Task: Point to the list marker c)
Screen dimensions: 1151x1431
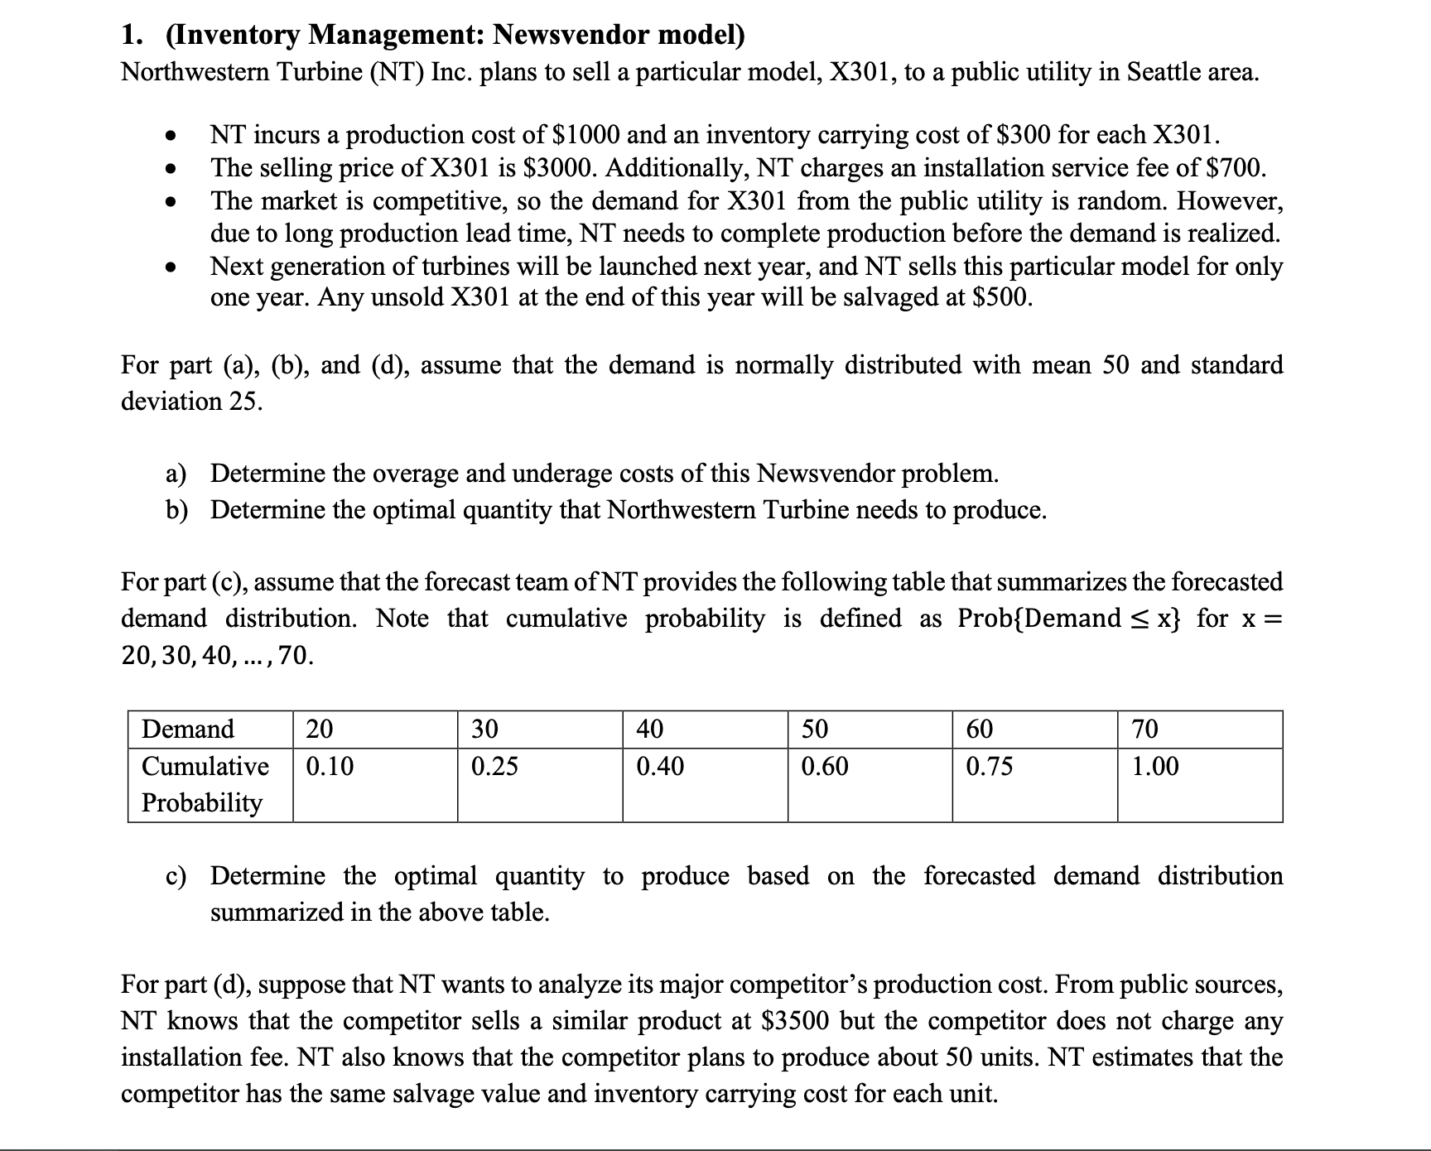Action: pyautogui.click(x=175, y=876)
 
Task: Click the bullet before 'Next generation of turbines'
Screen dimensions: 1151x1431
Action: pyautogui.click(x=170, y=267)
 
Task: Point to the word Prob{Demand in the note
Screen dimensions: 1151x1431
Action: pyautogui.click(x=1038, y=619)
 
